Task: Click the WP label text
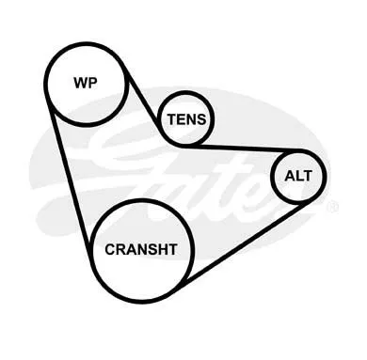coord(86,83)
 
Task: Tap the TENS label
coord(187,119)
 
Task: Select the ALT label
coord(298,176)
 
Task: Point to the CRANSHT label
coord(141,249)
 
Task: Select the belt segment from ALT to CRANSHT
coord(247,241)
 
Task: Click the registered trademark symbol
coord(332,207)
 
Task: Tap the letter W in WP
coord(81,83)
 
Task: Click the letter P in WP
coord(94,83)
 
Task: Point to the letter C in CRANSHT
coord(110,249)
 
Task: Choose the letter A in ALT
coord(290,176)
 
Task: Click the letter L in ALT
coord(299,176)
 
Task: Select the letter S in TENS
coord(201,119)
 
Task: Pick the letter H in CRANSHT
coord(162,249)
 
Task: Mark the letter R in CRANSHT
coord(121,249)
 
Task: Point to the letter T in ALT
coord(308,176)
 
